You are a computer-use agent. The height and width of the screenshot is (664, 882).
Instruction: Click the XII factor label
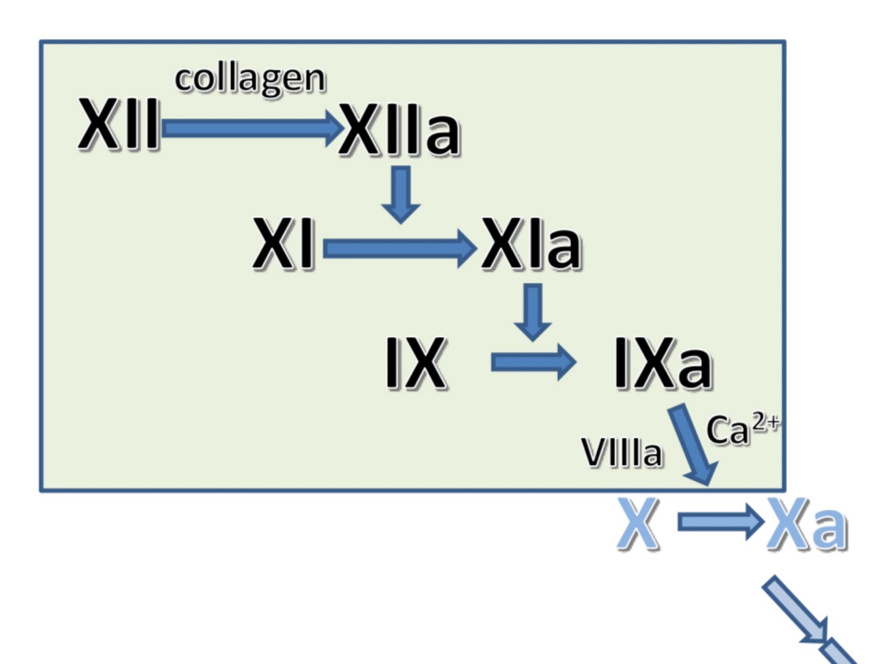[119, 124]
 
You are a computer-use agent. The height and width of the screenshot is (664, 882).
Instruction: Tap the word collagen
[250, 80]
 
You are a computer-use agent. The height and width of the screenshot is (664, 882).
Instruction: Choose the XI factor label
[283, 244]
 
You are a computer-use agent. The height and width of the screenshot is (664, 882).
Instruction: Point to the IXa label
[662, 363]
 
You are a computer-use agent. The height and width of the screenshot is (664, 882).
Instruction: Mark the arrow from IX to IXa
[533, 362]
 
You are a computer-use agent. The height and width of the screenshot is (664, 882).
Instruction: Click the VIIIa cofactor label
[621, 453]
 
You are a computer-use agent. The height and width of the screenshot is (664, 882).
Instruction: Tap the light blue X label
[638, 525]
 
